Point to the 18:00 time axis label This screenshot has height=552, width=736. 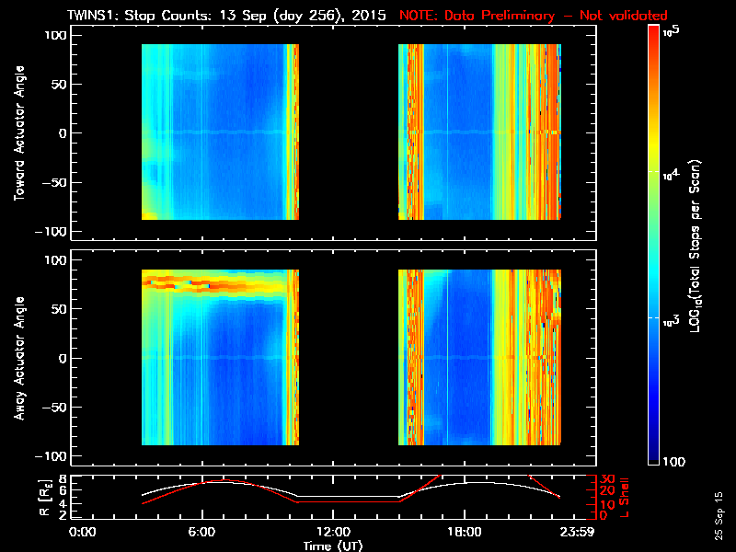[x=463, y=532]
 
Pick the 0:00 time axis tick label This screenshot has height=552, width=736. [x=83, y=532]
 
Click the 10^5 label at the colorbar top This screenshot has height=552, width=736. [x=677, y=30]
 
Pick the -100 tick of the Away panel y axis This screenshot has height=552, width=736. [x=52, y=456]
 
